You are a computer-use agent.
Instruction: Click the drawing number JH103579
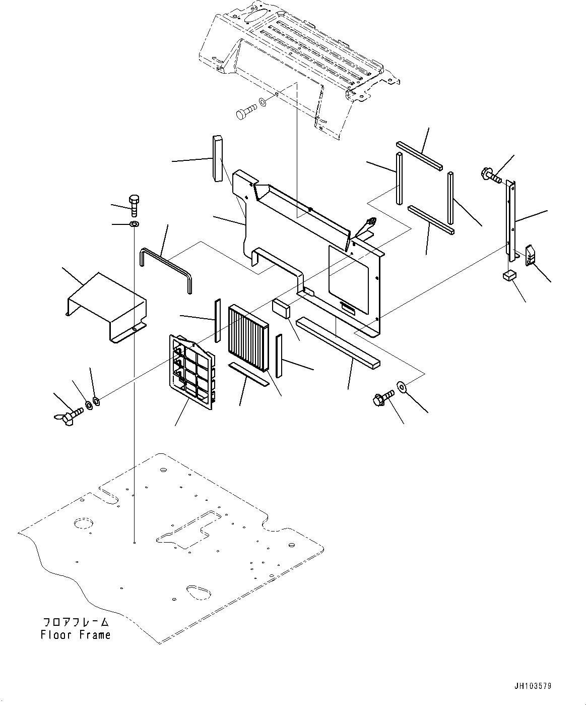[x=533, y=686]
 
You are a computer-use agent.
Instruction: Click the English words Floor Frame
[x=76, y=635]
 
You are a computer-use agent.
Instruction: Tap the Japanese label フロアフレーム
[x=76, y=622]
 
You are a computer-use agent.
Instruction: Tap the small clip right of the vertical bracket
[x=531, y=255]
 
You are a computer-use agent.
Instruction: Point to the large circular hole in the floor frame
[x=82, y=523]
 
